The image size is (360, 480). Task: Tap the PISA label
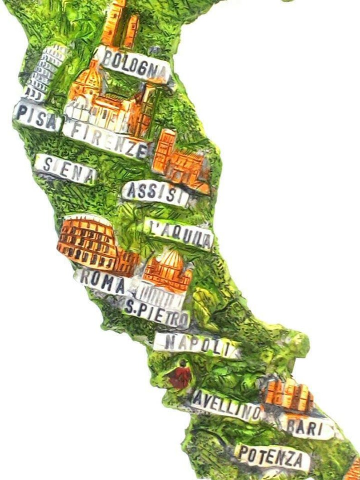37,116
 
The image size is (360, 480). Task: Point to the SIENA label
66,169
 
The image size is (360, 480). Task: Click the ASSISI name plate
156,193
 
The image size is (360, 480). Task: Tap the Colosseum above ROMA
88,241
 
